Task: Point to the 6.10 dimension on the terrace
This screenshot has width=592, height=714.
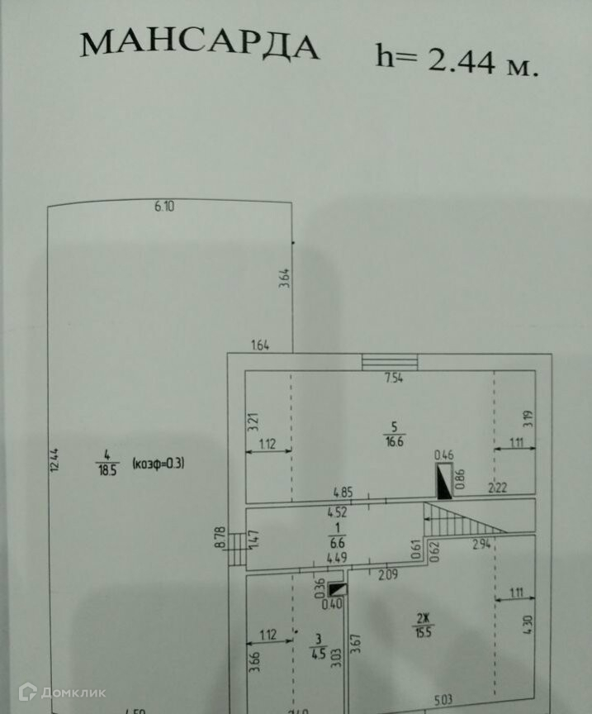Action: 164,207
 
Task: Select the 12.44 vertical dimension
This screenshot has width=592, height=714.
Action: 54,460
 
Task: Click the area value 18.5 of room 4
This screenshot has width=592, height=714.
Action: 105,469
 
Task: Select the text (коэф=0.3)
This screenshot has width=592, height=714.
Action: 158,463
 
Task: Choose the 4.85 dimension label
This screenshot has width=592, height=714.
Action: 342,493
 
